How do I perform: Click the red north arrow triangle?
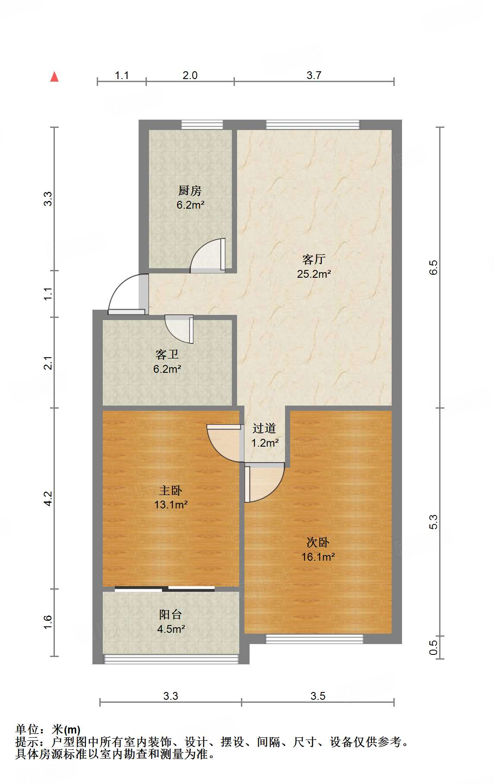pos(54,77)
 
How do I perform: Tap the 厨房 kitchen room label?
pos(190,190)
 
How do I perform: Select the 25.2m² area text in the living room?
pos(314,274)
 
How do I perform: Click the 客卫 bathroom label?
pos(167,355)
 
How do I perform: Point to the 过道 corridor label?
pos(264,428)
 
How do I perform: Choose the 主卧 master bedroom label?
pos(171,490)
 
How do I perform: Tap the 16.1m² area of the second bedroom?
pos(318,557)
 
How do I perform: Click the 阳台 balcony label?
pos(171,614)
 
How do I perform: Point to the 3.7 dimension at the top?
pos(314,75)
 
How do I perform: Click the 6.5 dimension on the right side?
pos(434,267)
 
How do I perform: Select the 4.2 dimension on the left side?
pos(48,498)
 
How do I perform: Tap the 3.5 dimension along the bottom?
pos(318,696)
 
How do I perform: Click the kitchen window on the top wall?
pos(202,125)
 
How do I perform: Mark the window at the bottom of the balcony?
pos(171,659)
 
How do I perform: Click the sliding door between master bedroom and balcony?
pos(165,588)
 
